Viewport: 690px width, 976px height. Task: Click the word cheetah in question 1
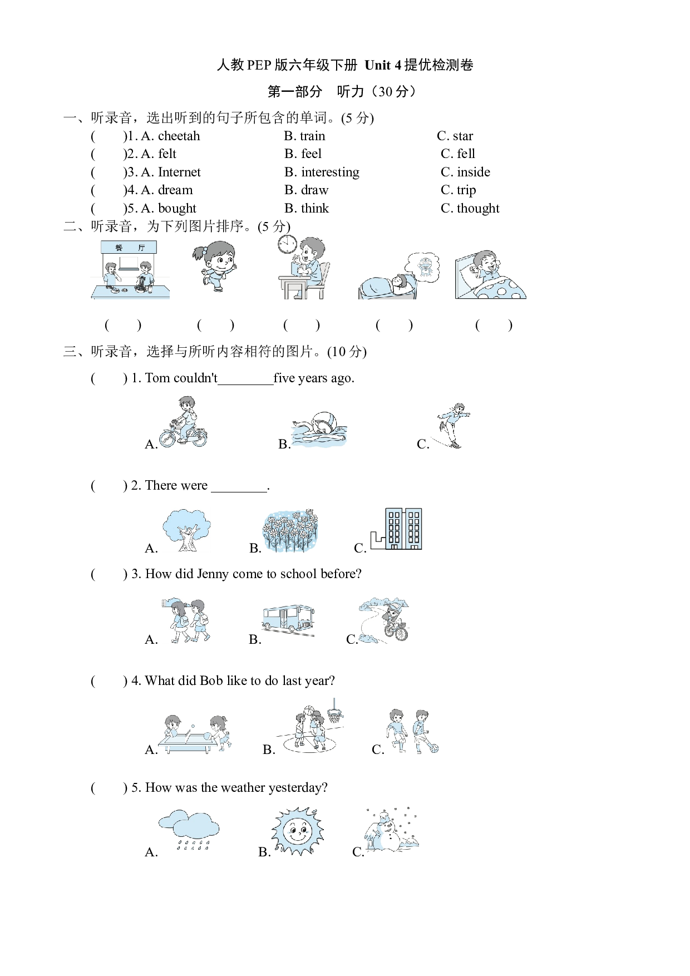click(x=179, y=136)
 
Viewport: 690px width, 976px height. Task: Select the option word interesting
click(x=330, y=172)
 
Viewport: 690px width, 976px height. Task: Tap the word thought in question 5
click(x=478, y=208)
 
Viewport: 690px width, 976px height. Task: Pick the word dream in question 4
click(x=175, y=190)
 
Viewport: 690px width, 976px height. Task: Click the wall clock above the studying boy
click(x=288, y=244)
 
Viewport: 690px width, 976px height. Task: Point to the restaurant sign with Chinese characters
click(x=129, y=248)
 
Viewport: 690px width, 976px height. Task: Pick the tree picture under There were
click(x=186, y=530)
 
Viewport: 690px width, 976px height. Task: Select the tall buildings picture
click(x=397, y=529)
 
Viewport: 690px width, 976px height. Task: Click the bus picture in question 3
click(x=288, y=619)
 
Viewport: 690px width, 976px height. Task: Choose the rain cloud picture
click(x=189, y=830)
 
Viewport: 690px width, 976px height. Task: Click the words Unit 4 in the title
click(x=383, y=65)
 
